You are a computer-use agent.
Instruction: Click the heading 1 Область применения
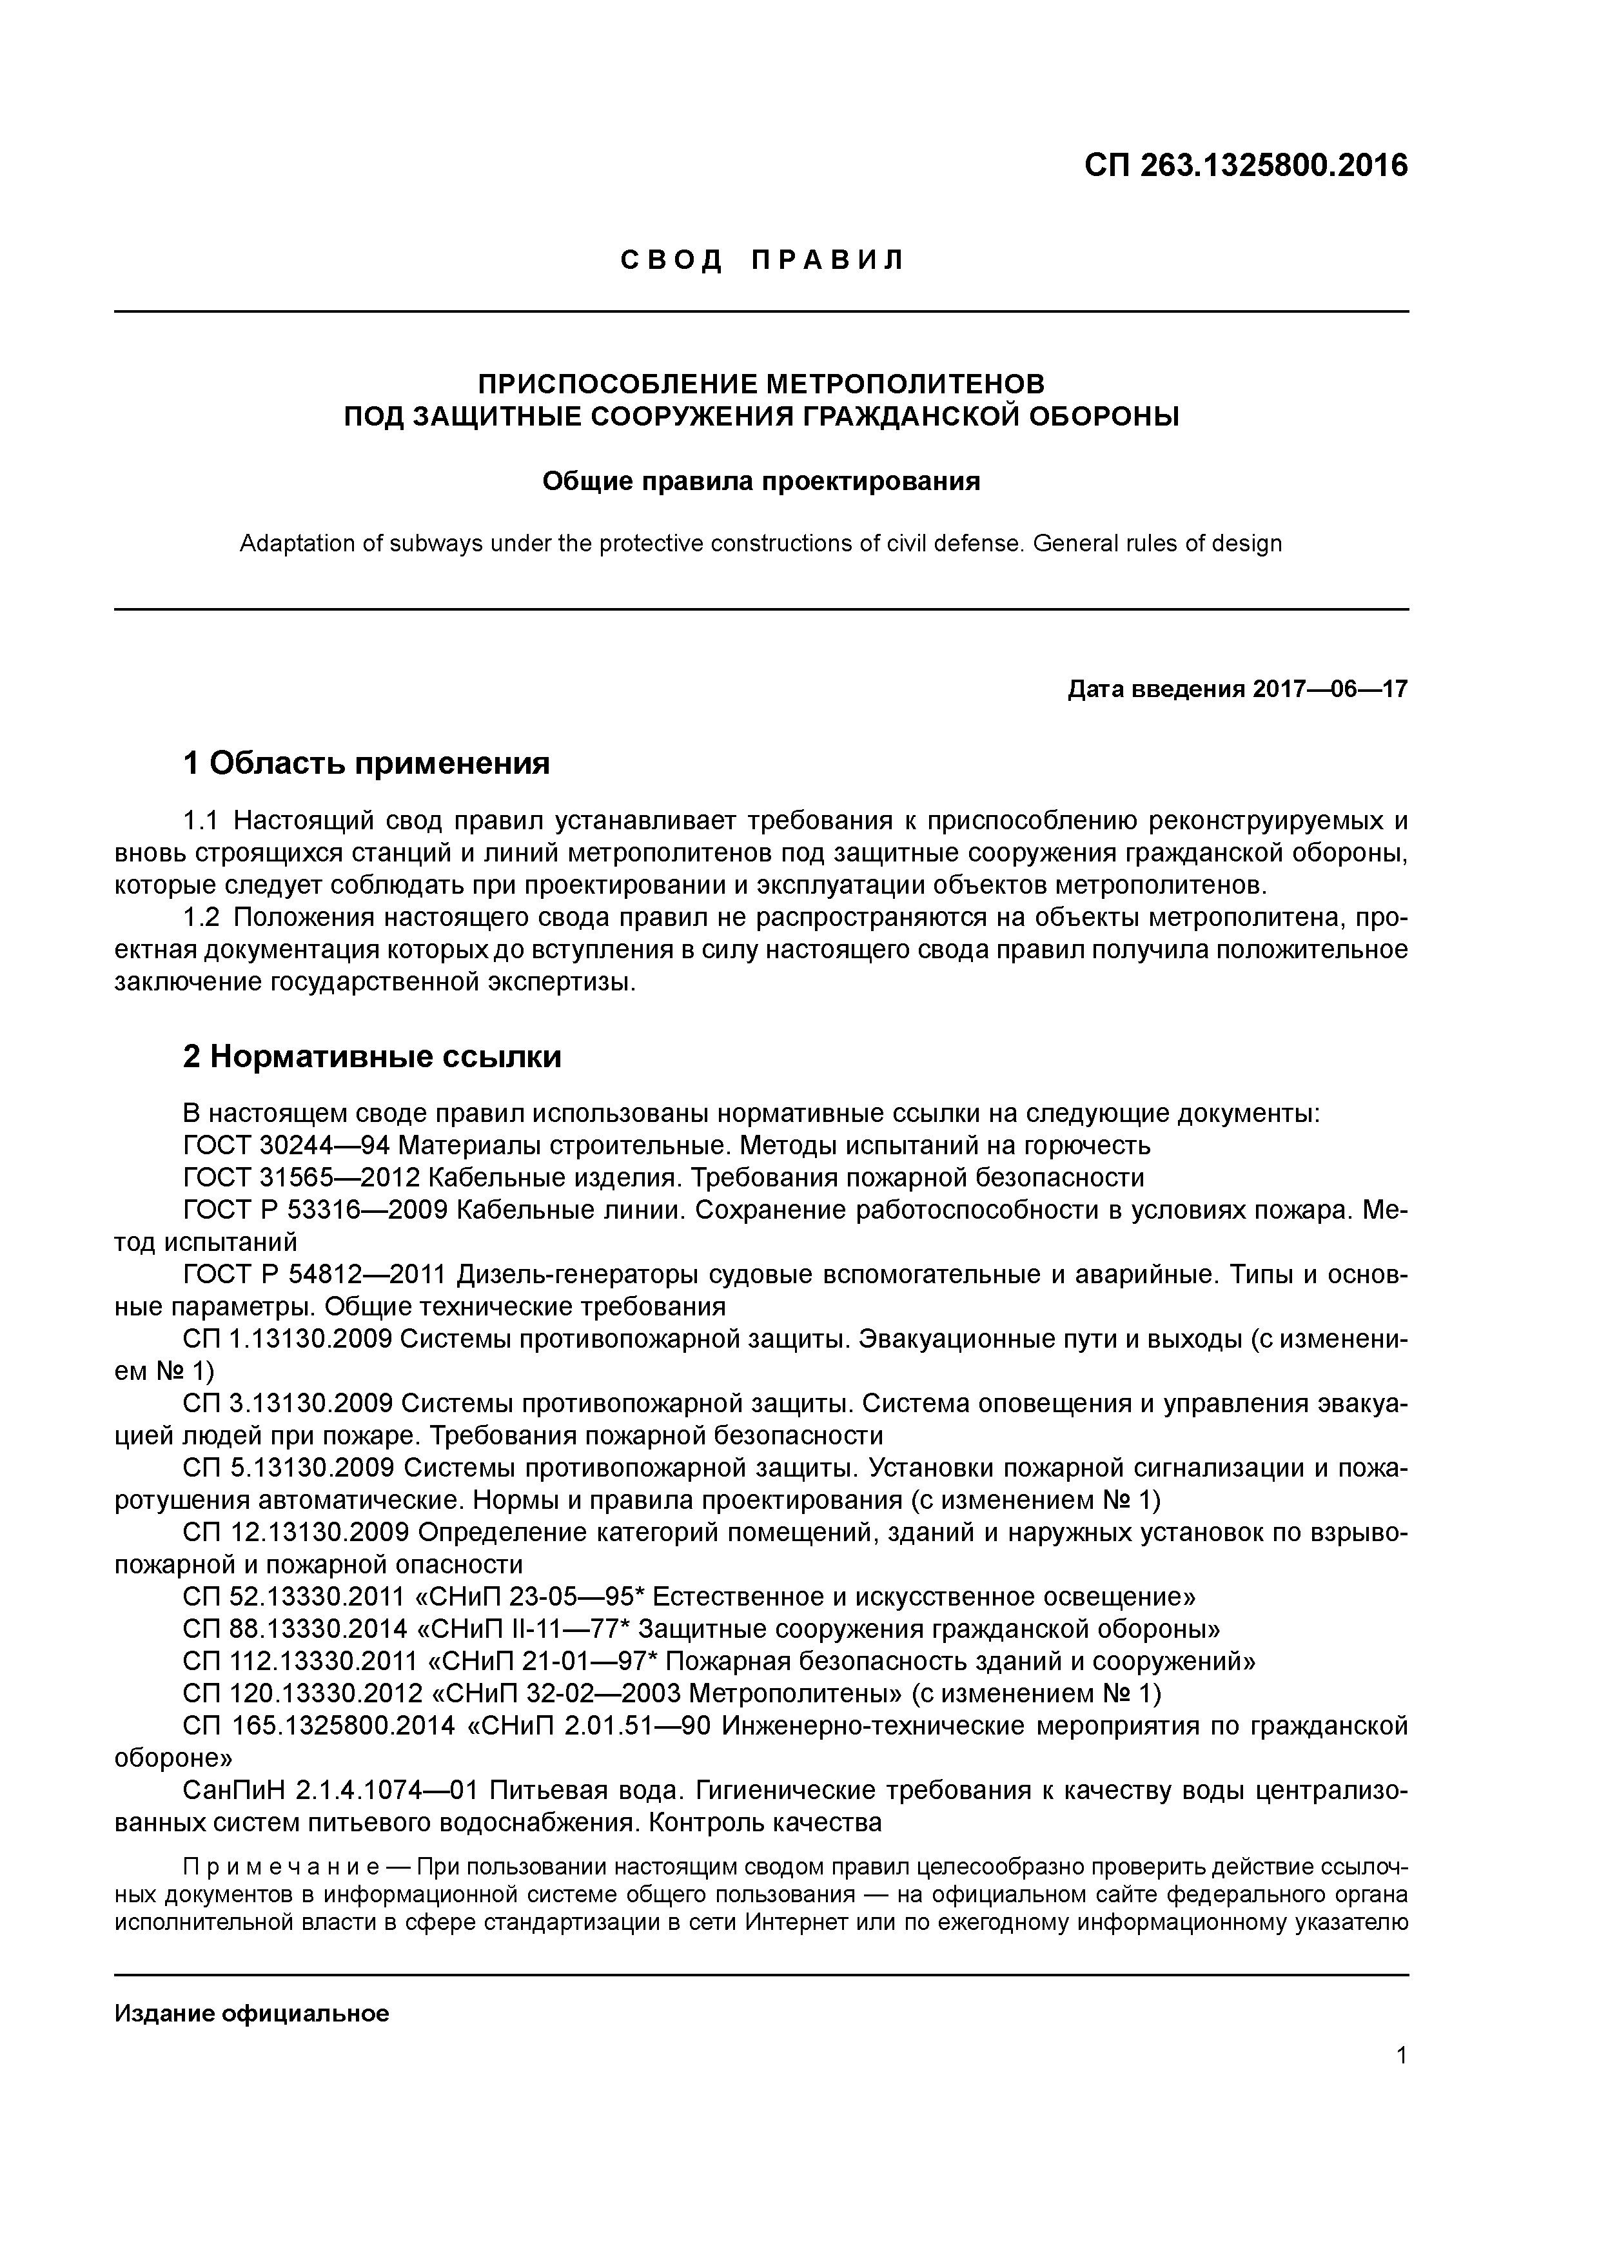[366, 763]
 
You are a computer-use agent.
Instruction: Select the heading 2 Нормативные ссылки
[373, 1056]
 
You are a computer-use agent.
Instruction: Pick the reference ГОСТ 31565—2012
[302, 1178]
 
